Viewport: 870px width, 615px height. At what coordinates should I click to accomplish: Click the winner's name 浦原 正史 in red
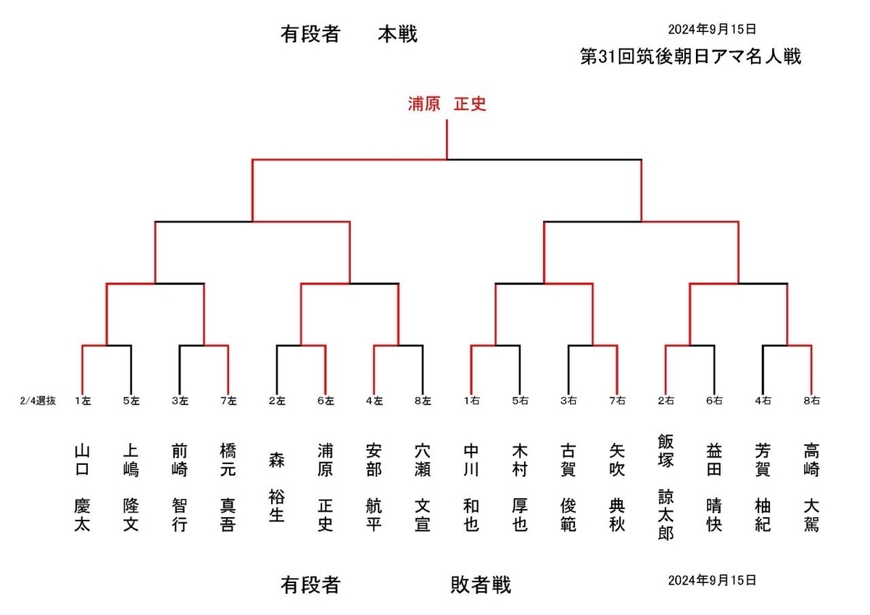(x=446, y=104)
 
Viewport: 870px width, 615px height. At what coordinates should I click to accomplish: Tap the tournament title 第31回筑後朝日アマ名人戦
(x=690, y=57)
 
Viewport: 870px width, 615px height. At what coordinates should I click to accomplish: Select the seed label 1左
(x=83, y=400)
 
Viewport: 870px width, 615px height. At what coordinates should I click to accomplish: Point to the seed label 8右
(x=811, y=400)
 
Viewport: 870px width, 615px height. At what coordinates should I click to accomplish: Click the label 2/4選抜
(x=38, y=400)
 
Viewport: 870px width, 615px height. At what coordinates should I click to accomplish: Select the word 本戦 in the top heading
(x=397, y=35)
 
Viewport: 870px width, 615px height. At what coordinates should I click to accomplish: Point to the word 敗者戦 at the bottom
(x=481, y=585)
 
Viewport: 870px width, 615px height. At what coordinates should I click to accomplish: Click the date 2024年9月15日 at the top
(x=712, y=30)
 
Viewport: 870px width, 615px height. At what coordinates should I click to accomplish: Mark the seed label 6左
(x=326, y=400)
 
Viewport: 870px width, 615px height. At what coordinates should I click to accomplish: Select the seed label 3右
(x=568, y=400)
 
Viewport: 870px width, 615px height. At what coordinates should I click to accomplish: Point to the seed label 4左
(x=374, y=400)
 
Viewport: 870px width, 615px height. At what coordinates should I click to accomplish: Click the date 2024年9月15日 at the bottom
(x=712, y=580)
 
